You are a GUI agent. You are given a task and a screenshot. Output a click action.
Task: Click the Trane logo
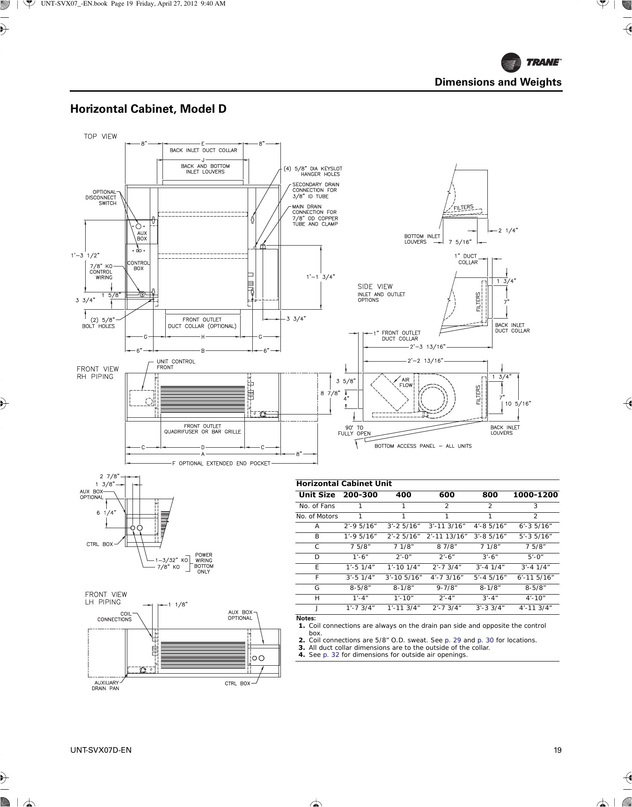(x=531, y=62)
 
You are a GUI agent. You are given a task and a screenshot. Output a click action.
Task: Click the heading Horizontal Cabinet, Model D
(x=148, y=109)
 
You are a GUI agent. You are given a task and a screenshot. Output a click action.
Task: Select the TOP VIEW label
(x=100, y=137)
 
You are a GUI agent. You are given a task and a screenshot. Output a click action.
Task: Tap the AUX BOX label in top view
(x=141, y=236)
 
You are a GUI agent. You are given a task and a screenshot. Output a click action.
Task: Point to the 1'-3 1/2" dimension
(x=85, y=255)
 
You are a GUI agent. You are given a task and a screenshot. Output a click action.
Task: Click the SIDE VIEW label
(x=375, y=286)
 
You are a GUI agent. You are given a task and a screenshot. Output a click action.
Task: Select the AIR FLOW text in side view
(x=406, y=382)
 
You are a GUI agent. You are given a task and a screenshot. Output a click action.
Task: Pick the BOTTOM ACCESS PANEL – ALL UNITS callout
(x=423, y=446)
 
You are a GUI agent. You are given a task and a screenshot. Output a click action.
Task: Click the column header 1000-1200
(x=535, y=495)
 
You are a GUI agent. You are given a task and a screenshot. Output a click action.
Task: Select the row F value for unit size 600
(x=447, y=577)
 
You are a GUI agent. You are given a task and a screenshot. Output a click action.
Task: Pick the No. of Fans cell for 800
(x=490, y=506)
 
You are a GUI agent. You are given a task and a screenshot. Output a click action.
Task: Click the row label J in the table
(x=317, y=608)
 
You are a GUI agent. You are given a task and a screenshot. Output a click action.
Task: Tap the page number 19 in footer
(x=557, y=750)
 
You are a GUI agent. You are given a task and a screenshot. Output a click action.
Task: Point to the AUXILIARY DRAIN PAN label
(x=105, y=685)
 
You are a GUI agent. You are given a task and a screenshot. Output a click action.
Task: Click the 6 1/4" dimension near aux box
(x=106, y=512)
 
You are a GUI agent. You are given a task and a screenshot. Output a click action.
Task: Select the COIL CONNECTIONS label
(x=115, y=617)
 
